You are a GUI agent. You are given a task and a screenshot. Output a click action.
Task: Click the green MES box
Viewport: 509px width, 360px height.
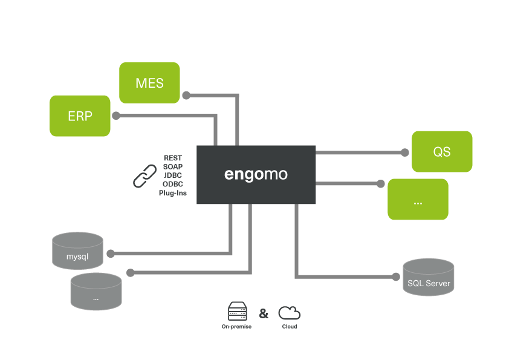[x=149, y=83]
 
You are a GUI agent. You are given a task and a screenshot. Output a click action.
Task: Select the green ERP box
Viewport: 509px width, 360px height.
[x=80, y=116]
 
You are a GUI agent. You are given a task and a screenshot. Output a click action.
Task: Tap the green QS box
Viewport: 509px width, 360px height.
[x=441, y=152]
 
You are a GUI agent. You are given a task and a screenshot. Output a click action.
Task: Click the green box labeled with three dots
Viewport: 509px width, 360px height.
[x=418, y=199]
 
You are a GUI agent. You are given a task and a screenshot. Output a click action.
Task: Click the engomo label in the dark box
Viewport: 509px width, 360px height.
[x=256, y=174]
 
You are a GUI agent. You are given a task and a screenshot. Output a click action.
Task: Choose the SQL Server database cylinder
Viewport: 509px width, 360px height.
[x=428, y=278]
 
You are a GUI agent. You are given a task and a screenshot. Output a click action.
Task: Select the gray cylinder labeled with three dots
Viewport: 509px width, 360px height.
[x=96, y=292]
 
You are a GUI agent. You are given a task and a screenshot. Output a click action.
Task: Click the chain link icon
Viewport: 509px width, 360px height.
[x=145, y=175]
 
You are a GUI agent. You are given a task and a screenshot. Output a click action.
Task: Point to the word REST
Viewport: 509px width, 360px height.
[x=173, y=158]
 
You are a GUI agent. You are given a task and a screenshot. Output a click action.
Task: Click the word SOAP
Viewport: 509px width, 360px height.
[x=173, y=167]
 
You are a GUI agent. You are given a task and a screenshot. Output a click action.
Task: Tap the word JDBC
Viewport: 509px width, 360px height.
[x=173, y=175]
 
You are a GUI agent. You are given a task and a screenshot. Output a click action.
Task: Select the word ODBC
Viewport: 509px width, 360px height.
[x=173, y=185]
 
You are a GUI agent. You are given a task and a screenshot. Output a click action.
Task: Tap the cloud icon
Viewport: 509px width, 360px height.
[x=289, y=313]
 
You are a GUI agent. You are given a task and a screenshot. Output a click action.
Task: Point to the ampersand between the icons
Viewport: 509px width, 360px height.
[x=264, y=313]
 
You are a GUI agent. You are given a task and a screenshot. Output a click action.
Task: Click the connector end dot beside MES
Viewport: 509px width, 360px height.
[x=187, y=95]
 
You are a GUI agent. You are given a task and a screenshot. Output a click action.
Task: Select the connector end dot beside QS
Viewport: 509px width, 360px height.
[x=404, y=152]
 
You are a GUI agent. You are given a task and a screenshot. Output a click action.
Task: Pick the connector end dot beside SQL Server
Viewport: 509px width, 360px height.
[x=395, y=277]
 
